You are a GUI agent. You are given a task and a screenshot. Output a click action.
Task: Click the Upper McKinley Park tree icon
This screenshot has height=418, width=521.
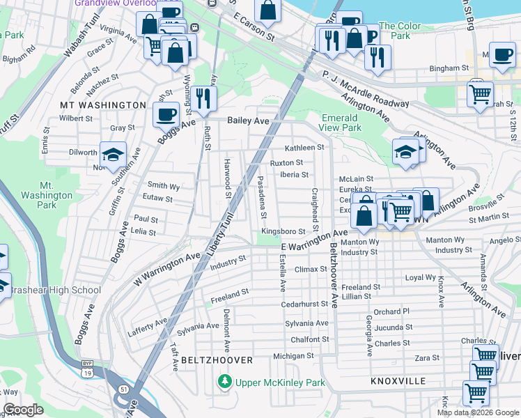pyautogui.click(x=224, y=382)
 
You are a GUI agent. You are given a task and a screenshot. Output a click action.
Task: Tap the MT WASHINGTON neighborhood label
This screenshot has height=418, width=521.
pyautogui.click(x=102, y=104)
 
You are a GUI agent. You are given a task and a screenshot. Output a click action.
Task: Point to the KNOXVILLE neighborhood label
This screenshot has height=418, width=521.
pyautogui.click(x=398, y=382)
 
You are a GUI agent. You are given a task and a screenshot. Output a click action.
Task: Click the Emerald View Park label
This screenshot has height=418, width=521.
pyautogui.click(x=341, y=123)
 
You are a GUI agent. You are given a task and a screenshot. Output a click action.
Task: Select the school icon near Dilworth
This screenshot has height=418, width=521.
pyautogui.click(x=112, y=156)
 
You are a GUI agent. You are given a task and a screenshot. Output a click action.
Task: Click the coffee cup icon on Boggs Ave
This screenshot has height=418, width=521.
pyautogui.click(x=166, y=115)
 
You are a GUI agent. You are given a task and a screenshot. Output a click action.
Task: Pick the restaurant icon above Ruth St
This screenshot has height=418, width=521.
pyautogui.click(x=203, y=98)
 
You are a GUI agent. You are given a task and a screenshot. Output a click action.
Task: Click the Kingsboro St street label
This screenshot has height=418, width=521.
pyautogui.click(x=283, y=231)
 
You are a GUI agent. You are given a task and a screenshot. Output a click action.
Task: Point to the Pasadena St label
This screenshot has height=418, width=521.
pyautogui.click(x=262, y=196)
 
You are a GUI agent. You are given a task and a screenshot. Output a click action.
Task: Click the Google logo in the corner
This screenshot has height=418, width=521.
pyautogui.click(x=23, y=410)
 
